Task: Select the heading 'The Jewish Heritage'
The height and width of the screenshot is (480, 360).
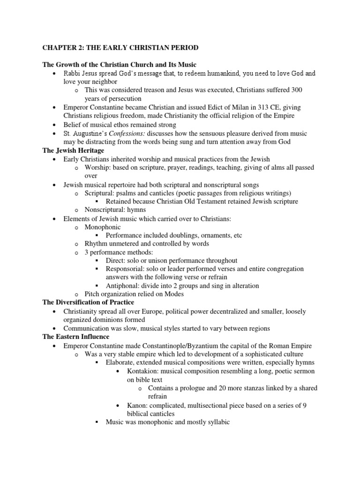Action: (73, 150)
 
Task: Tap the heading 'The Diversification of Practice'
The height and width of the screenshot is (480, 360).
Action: (89, 302)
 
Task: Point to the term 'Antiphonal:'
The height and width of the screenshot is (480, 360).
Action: (124, 285)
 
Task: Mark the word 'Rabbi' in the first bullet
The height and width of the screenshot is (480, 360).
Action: (73, 74)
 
